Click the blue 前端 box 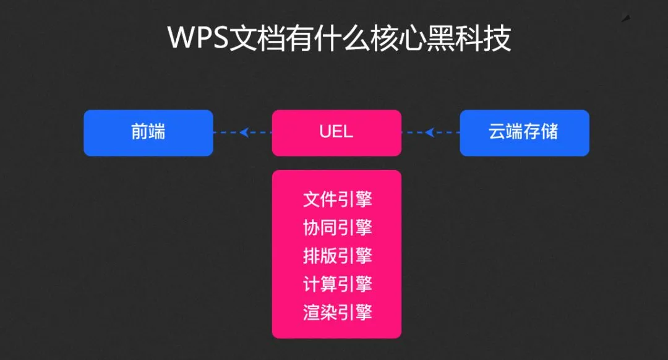148,132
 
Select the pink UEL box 336,132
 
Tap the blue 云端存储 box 525,132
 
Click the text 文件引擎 337,200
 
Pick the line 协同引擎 337,228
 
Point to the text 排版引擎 337,255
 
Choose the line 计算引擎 337,284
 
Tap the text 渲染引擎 337,312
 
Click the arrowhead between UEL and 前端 244,132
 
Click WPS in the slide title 197,38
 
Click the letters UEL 336,132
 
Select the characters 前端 148,132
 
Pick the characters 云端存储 525,132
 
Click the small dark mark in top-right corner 626,19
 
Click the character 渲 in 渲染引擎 311,312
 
